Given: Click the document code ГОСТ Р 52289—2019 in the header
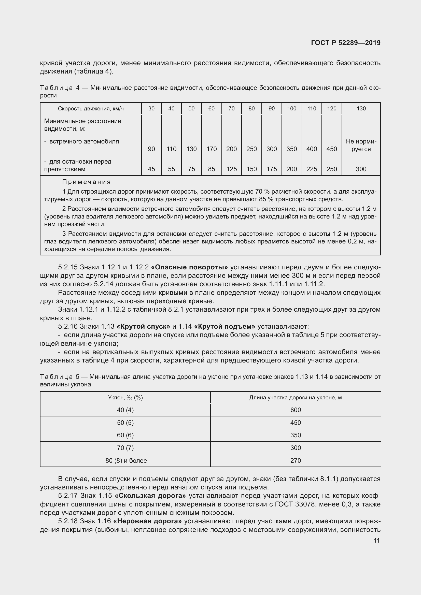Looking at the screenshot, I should tap(346, 43).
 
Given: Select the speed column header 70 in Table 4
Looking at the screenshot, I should tap(231, 109).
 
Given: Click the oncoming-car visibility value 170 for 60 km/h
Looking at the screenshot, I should tap(211, 149).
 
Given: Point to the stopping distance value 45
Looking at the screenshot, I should tap(151, 169).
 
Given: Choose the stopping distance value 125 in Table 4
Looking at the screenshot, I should tap(231, 169).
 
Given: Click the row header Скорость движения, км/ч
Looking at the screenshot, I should tap(90, 109).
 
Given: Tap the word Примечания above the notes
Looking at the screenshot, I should tap(86, 182).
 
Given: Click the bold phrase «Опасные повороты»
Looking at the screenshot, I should tap(189, 267).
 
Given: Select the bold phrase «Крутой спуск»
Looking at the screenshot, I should tap(143, 326).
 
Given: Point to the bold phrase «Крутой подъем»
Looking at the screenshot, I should tap(224, 326).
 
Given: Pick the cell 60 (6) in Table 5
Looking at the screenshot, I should tap(125, 435).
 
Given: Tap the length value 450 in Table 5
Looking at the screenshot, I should tap(296, 423).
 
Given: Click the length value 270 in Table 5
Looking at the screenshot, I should tap(296, 460).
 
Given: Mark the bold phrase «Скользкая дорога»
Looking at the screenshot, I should tap(150, 496).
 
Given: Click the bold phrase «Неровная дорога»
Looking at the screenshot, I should tap(147, 521).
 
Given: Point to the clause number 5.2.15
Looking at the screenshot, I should tap(68, 267).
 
